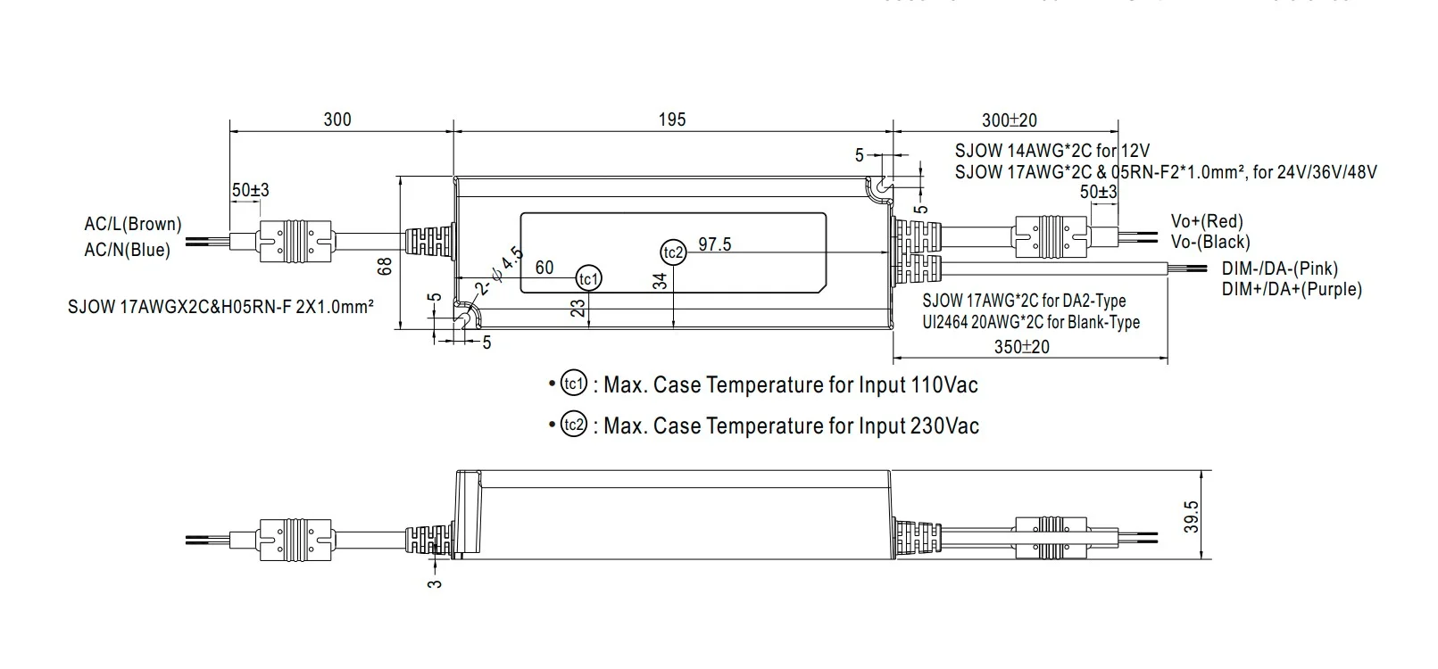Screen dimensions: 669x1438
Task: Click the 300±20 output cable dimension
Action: point(1009,120)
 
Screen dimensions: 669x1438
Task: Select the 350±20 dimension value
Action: point(1022,346)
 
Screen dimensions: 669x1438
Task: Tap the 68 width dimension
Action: point(386,265)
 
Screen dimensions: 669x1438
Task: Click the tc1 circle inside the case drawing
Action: point(587,278)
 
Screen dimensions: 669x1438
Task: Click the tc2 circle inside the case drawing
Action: point(673,252)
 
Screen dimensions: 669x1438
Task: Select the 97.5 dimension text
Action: point(715,244)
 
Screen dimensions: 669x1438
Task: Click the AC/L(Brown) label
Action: point(132,224)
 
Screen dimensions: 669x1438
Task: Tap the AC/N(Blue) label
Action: point(127,250)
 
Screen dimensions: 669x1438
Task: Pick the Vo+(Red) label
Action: point(1207,221)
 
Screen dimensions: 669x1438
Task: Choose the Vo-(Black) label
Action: point(1210,242)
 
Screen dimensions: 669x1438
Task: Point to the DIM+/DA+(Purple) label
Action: point(1292,289)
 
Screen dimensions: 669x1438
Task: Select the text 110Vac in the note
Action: point(943,385)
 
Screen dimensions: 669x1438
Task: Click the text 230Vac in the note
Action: point(944,425)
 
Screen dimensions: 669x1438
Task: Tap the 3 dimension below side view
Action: point(436,583)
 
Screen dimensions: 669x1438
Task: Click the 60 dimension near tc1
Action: point(544,267)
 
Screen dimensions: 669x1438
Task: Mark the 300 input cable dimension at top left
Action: point(337,120)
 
